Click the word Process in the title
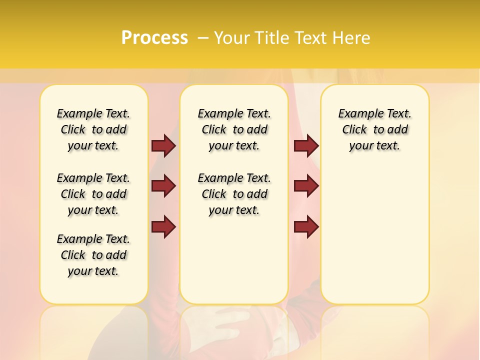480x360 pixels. click(154, 38)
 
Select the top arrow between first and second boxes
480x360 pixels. click(163, 145)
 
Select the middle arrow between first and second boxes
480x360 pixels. click(163, 186)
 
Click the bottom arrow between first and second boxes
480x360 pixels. click(163, 227)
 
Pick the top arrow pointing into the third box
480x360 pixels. click(306, 145)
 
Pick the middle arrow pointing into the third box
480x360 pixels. click(306, 186)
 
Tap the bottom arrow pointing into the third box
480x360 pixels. click(306, 227)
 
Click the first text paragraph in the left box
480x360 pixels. click(93, 129)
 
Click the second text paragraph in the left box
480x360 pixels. click(93, 194)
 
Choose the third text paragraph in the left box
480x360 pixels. click(93, 255)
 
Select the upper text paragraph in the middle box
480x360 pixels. click(234, 129)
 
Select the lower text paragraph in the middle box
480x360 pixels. click(234, 194)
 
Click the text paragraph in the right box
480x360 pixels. click(374, 129)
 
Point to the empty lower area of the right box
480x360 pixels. click(374, 235)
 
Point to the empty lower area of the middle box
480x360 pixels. click(234, 260)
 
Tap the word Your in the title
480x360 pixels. click(231, 38)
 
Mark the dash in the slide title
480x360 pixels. click(203, 38)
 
